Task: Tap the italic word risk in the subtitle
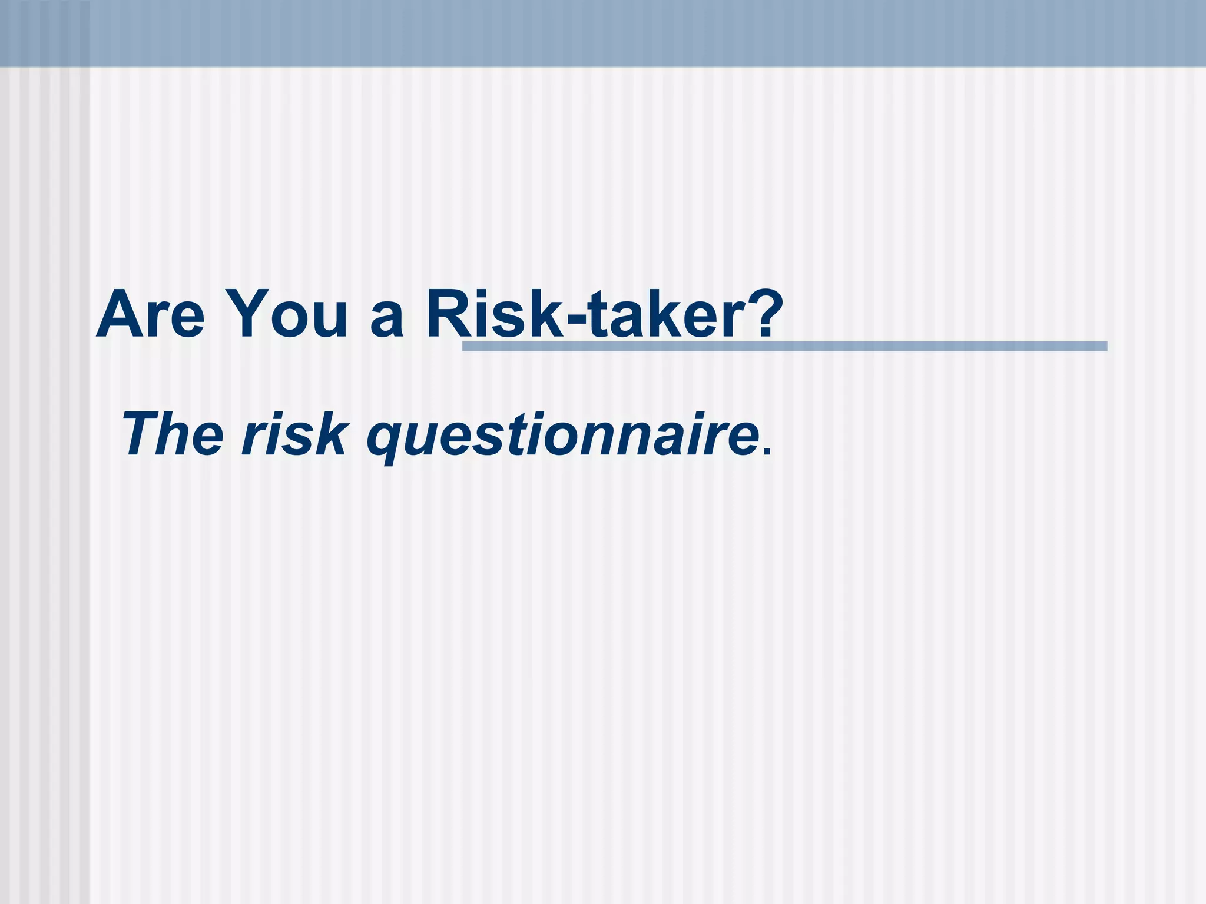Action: pyautogui.click(x=294, y=434)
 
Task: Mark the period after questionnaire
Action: pyautogui.click(x=766, y=452)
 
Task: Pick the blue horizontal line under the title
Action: pyautogui.click(x=824, y=347)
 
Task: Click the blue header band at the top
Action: pyautogui.click(x=603, y=32)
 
